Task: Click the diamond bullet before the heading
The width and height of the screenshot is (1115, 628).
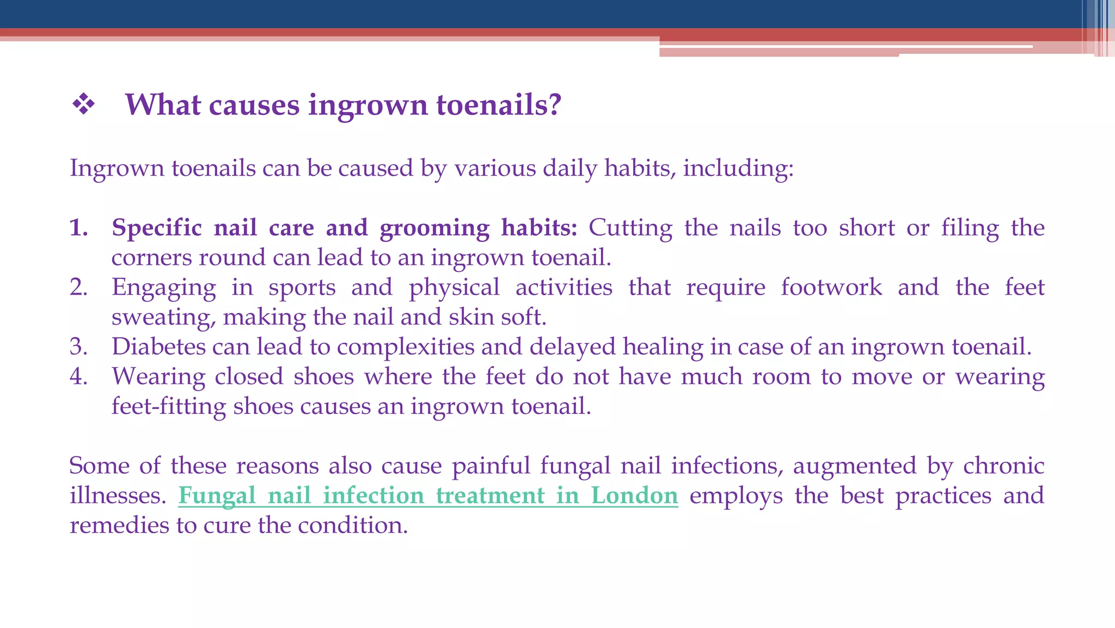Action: coord(84,104)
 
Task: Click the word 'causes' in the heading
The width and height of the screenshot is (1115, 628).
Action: coord(254,105)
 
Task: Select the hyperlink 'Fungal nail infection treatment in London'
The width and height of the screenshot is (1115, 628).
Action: coord(428,496)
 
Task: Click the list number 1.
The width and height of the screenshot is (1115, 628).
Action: coord(79,228)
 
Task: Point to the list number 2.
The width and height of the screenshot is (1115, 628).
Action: coord(79,287)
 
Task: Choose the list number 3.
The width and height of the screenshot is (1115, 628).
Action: coord(79,347)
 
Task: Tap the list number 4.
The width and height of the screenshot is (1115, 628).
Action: coord(79,376)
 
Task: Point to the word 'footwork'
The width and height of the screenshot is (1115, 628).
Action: coord(831,287)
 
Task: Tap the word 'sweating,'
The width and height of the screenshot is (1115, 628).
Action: coord(163,318)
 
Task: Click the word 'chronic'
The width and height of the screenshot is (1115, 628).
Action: coord(1003,466)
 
